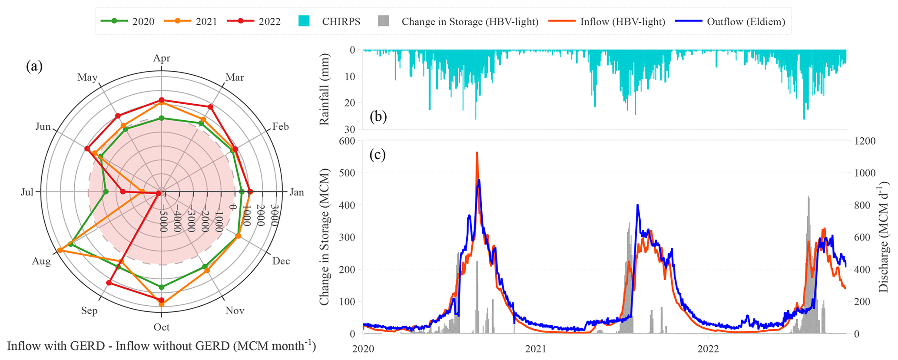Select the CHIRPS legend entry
pyautogui.click(x=330, y=21)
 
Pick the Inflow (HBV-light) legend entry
pyautogui.click(x=608, y=21)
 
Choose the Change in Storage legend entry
pyautogui.click(x=458, y=21)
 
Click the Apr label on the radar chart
pyautogui.click(x=162, y=58)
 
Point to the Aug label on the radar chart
pyautogui.click(x=41, y=261)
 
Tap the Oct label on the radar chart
pyautogui.click(x=162, y=327)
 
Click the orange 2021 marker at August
pyautogui.click(x=60, y=251)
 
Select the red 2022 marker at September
pyautogui.click(x=109, y=283)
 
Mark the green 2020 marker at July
pyautogui.click(x=106, y=192)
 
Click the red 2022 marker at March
pyautogui.click(x=210, y=107)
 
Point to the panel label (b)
pyautogui.click(x=378, y=116)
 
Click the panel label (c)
pyautogui.click(x=378, y=155)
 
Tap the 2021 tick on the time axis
pyautogui.click(x=536, y=349)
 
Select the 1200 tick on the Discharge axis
pyautogui.click(x=865, y=141)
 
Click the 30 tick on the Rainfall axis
pyautogui.click(x=350, y=129)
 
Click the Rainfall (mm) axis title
pyautogui.click(x=325, y=89)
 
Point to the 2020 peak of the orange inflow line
pyautogui.click(x=477, y=153)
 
